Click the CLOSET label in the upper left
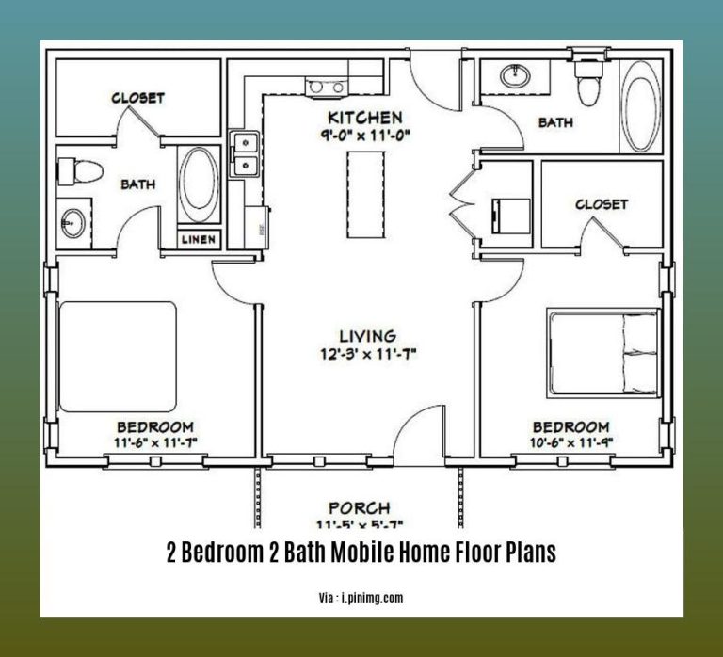[x=138, y=97]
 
